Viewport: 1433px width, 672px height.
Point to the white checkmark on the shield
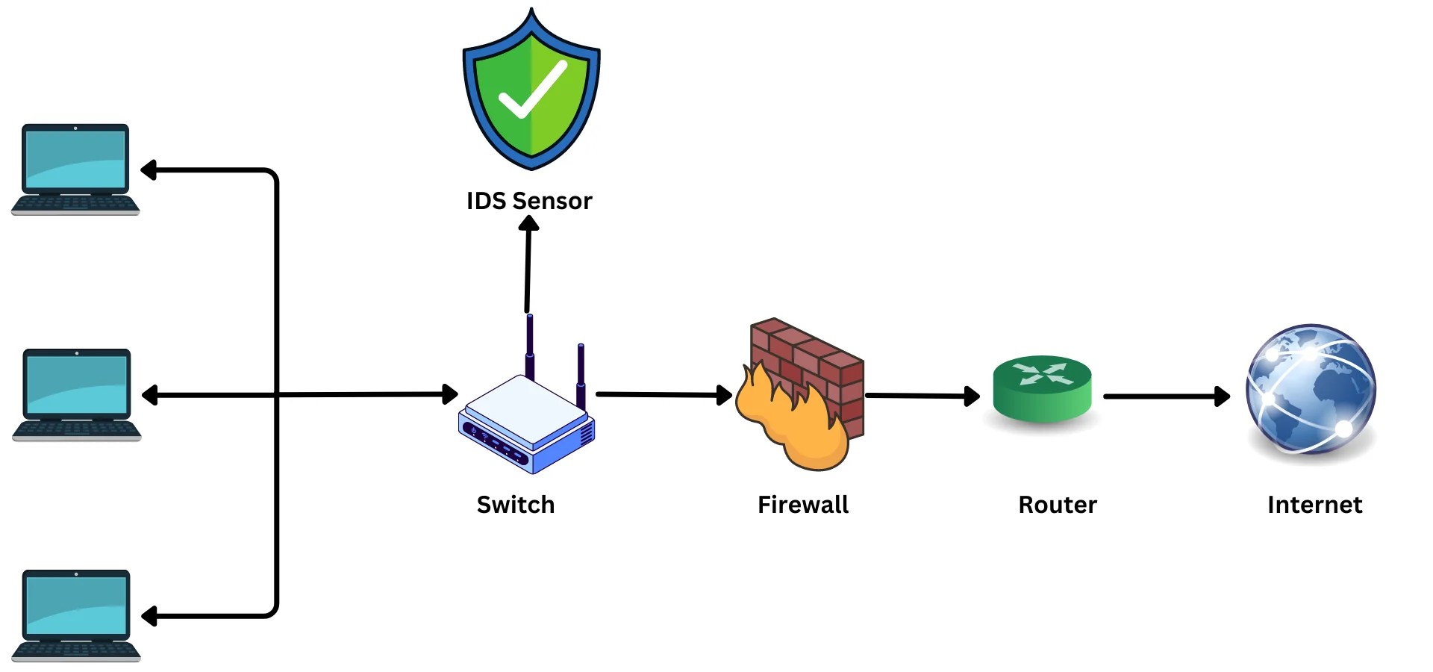532,90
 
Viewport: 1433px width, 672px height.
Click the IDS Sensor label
529,201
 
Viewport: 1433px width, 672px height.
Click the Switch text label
516,505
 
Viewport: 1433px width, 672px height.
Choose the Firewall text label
803,505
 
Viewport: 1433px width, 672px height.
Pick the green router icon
1042,389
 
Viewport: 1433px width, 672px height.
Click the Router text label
1058,505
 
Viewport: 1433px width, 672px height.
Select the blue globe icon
1311,390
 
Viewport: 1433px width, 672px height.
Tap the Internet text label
1314,505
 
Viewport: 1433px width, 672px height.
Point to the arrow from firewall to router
922,396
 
